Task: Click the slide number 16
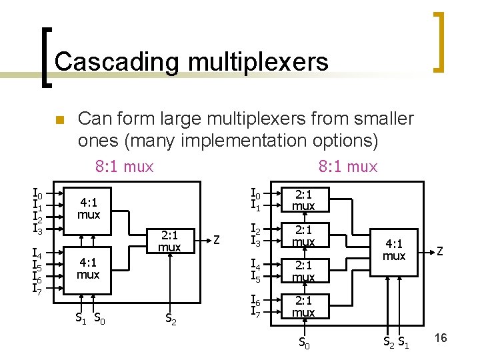click(440, 339)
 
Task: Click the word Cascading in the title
click(117, 62)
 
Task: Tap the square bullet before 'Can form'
click(58, 121)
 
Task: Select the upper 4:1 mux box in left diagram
click(88, 209)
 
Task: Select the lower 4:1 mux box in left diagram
click(88, 269)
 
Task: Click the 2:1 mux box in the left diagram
click(169, 241)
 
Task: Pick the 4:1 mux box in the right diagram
click(394, 250)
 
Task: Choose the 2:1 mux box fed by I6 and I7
click(303, 307)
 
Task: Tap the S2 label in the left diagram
click(171, 319)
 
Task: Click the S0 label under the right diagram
click(304, 343)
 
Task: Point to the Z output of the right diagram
click(441, 250)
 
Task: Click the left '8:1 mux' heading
click(124, 166)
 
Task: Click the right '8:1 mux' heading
click(347, 166)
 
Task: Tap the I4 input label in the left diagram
click(38, 254)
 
